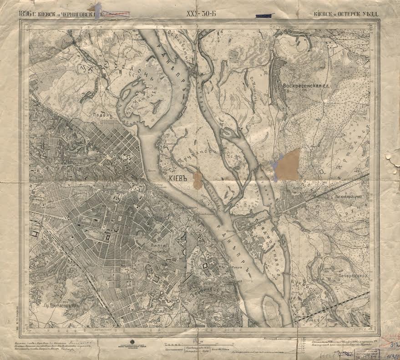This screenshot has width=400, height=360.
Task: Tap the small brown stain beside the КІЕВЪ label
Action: (x=197, y=179)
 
